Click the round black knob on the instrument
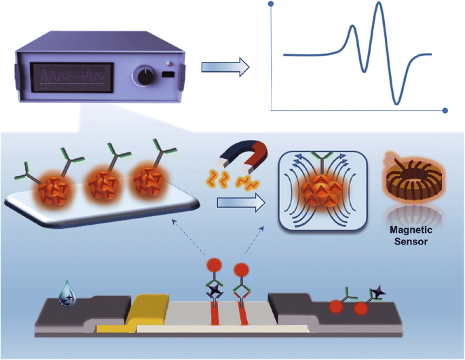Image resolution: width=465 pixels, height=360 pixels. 145,76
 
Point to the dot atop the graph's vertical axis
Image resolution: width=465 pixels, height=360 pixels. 272,5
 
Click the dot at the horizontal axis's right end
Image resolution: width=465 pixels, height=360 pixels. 445,110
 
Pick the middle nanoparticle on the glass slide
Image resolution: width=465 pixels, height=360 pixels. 103,185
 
